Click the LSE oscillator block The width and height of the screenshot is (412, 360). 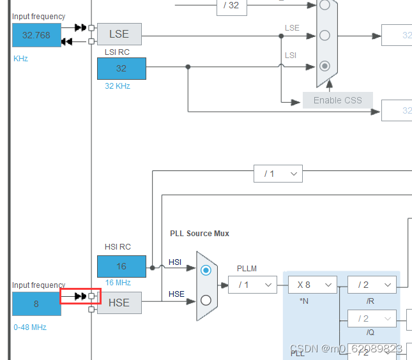(x=119, y=34)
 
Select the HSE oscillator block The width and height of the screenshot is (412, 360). (x=119, y=303)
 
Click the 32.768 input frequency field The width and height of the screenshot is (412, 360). (x=36, y=35)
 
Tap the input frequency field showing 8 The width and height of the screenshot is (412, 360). (x=36, y=304)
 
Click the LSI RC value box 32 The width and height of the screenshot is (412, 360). (x=121, y=68)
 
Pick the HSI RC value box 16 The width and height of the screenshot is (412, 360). (x=121, y=266)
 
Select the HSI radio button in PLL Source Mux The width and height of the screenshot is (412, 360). (x=206, y=271)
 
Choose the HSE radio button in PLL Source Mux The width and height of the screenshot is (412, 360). (x=206, y=300)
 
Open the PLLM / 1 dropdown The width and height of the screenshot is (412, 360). (x=252, y=285)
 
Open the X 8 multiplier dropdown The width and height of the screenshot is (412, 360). (x=312, y=285)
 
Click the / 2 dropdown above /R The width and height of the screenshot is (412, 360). (x=372, y=285)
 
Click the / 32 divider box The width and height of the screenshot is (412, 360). (x=230, y=5)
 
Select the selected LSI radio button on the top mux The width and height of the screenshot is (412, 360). (x=324, y=65)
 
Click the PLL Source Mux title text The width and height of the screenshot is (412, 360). (x=199, y=234)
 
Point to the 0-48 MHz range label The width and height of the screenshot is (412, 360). (x=30, y=327)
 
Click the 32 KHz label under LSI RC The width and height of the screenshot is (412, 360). (x=118, y=86)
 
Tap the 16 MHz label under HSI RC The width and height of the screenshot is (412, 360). (x=118, y=283)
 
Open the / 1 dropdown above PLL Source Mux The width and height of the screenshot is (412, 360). (x=278, y=174)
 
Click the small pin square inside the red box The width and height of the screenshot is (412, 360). (x=92, y=296)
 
